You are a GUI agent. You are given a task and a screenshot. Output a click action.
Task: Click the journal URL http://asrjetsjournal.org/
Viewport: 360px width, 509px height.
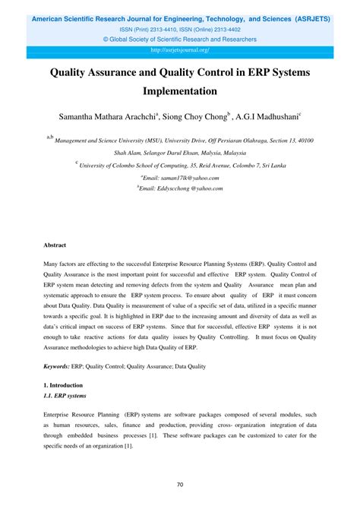[x=180, y=50]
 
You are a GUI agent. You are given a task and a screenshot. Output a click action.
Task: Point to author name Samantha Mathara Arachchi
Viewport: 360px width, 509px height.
[x=106, y=118]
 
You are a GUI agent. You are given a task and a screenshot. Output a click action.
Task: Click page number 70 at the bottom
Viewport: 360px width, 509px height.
[x=180, y=485]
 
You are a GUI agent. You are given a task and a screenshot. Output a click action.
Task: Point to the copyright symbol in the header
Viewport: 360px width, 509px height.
[x=106, y=40]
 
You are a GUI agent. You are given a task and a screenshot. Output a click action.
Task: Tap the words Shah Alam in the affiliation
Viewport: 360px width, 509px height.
[x=128, y=152]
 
